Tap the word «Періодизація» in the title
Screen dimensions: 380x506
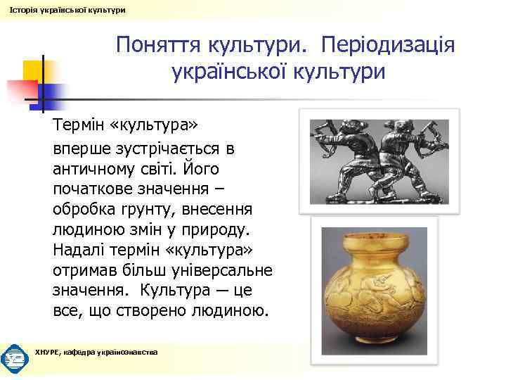[x=387, y=45]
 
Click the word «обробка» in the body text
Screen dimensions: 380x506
[x=84, y=210]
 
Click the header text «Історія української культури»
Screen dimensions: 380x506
[x=65, y=9]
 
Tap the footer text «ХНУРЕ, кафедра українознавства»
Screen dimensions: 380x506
[x=96, y=351]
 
